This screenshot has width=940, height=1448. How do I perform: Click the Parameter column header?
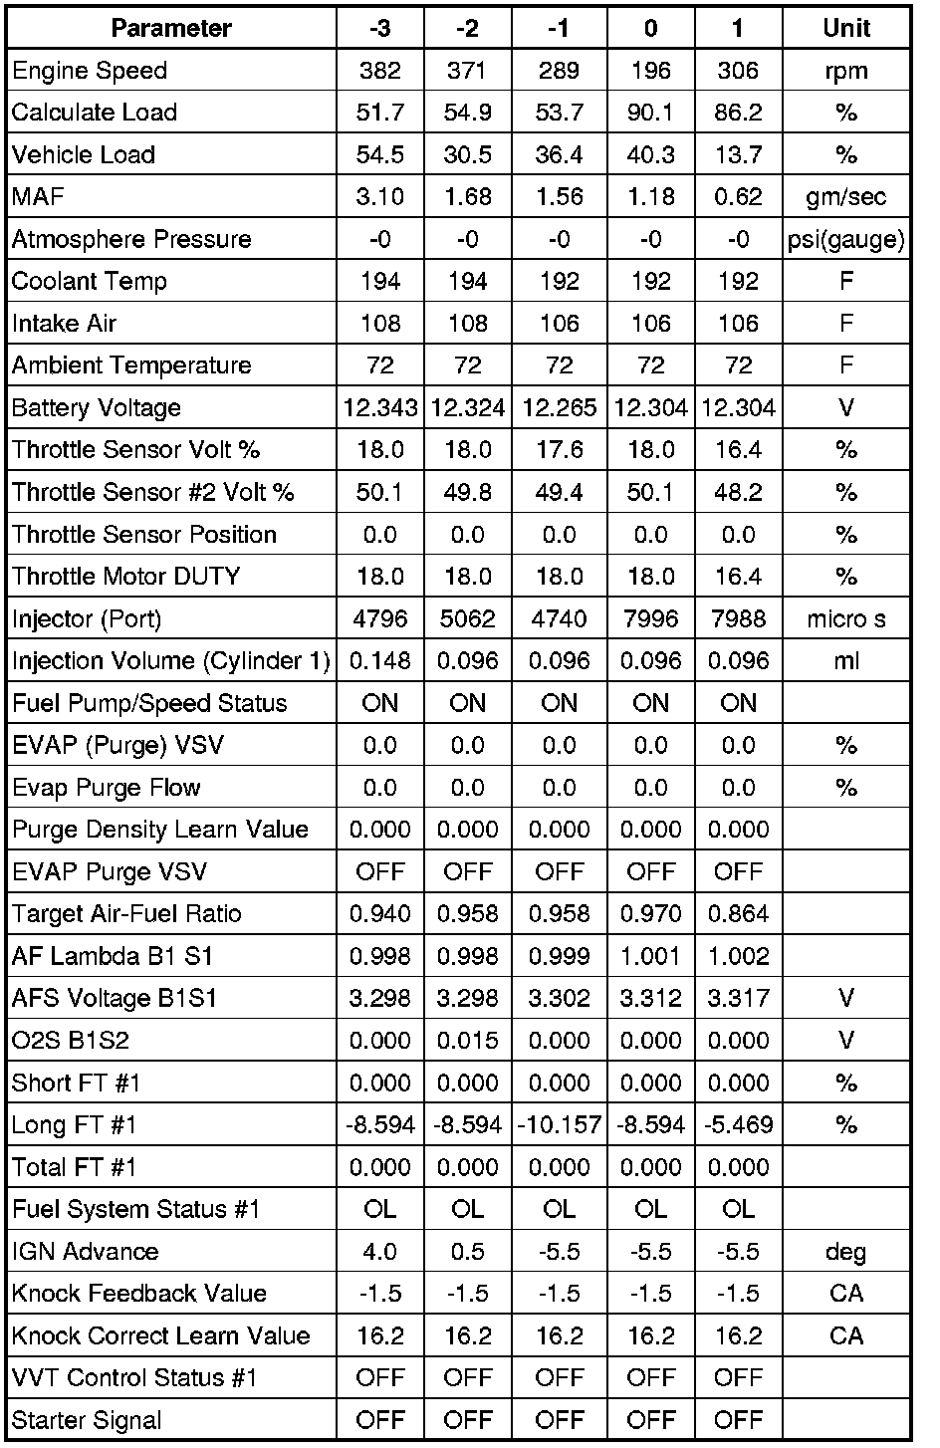pos(171,28)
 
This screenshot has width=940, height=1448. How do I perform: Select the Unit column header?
pos(846,28)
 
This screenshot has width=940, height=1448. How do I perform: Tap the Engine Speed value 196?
pos(650,71)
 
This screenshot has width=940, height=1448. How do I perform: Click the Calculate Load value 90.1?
pos(650,113)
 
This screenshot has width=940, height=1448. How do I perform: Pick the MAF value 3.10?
pos(380,197)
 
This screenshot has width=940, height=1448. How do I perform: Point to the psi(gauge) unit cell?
pos(846,239)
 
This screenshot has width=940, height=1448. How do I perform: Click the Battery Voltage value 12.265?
pos(560,408)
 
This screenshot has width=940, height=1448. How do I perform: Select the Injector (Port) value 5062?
pos(468,619)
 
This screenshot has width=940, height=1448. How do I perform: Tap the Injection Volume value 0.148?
pos(380,661)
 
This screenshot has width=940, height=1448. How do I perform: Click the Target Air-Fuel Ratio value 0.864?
pos(738,914)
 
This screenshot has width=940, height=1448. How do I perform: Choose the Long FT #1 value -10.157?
pos(560,1125)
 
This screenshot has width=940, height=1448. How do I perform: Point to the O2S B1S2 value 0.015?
pos(468,1041)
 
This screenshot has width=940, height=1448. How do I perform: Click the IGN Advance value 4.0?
pos(380,1252)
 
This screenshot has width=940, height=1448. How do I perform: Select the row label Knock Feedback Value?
pos(139,1294)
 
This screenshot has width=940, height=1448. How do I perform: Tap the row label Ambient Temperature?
pos(131,365)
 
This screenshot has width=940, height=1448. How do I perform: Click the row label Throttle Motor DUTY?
pos(126,577)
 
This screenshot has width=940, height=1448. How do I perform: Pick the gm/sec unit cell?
pos(846,197)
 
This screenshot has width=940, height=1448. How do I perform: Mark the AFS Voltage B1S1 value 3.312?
pos(650,999)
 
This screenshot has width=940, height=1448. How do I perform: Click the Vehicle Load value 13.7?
pos(738,154)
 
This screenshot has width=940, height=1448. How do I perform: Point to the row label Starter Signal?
pos(87,1420)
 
